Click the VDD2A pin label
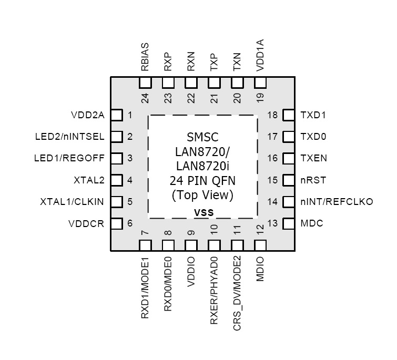87,115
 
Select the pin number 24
145,98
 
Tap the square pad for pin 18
288,115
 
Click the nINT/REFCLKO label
337,202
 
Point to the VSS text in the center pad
203,212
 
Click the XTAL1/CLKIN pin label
73,202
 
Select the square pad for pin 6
117,223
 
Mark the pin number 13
272,223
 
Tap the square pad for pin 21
214,83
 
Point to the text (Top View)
203,195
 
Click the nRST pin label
313,180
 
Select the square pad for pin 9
191,245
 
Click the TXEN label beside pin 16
313,158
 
